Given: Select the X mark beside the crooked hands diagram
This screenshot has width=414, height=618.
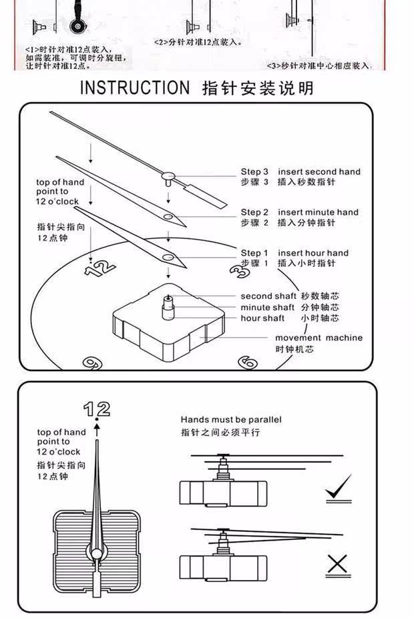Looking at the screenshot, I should [x=339, y=565].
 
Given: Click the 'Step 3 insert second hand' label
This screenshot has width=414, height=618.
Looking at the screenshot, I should [x=300, y=172].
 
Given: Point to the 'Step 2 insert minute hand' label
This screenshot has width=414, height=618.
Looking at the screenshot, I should [x=300, y=213].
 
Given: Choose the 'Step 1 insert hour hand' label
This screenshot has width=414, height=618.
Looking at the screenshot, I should [x=294, y=254].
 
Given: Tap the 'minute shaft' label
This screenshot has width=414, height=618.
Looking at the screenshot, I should [x=267, y=308].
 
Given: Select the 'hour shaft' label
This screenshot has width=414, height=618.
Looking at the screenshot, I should [x=262, y=318].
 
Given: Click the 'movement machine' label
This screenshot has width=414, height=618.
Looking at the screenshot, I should [x=319, y=338].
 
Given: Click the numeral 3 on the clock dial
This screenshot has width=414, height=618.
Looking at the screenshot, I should [x=238, y=270].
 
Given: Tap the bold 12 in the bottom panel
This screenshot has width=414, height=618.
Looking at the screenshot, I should [x=97, y=408].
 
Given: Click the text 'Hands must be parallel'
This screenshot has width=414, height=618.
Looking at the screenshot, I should [x=230, y=420].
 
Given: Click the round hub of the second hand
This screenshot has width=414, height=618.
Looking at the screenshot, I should [x=168, y=177].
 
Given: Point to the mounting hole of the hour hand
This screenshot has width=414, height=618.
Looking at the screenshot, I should [x=167, y=256].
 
